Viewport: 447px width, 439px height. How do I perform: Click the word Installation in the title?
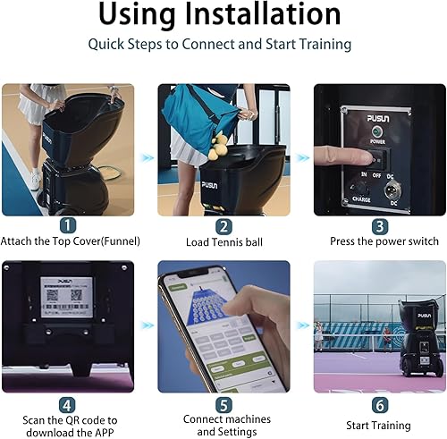(x=266, y=14)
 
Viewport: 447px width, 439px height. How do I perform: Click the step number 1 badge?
(x=68, y=226)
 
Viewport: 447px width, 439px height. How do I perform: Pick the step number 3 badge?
(x=379, y=226)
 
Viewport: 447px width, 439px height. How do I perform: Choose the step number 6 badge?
(x=379, y=403)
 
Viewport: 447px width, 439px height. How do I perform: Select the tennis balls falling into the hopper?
(x=216, y=148)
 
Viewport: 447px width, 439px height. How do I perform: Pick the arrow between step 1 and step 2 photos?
(x=147, y=157)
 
